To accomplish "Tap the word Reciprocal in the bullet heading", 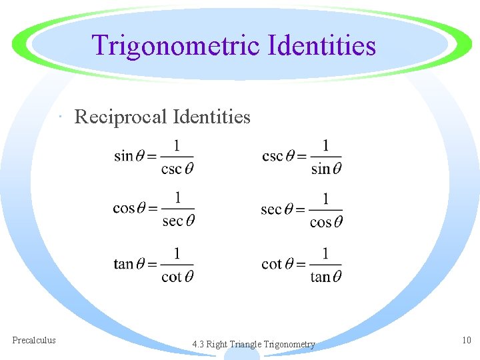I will tap(120, 117).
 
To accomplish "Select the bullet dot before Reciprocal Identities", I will tap(61, 119).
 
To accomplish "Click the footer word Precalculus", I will tap(34, 340).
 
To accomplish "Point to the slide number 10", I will tap(466, 340).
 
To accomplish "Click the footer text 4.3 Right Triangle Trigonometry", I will tap(253, 345).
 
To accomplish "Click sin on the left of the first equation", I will tap(123, 156).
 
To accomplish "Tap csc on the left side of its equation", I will tap(273, 156).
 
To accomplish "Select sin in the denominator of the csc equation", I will tap(321, 169).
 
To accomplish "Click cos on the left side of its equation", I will tap(124, 209).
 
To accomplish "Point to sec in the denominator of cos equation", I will tap(172, 221).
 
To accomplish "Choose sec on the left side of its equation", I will tap(271, 210).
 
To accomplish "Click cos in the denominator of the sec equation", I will tap(321, 222).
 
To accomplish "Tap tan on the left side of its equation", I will tap(123, 264).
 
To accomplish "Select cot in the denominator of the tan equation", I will tap(171, 276).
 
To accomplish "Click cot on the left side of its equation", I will tap(271, 264).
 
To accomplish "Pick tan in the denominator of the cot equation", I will tap(321, 276).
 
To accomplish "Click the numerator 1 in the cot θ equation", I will tap(325, 253).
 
